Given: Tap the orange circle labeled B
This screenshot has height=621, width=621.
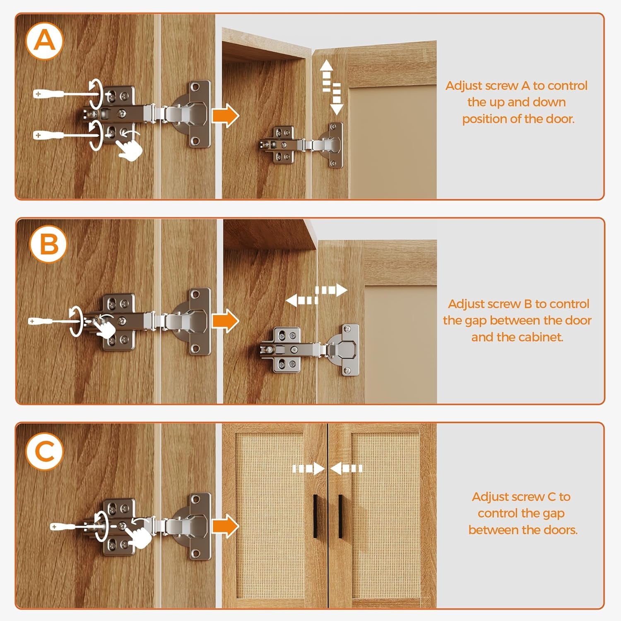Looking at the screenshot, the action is pyautogui.click(x=48, y=244).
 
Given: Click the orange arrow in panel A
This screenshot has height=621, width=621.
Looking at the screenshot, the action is pyautogui.click(x=226, y=116).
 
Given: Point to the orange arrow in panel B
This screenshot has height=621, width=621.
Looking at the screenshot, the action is pyautogui.click(x=226, y=321).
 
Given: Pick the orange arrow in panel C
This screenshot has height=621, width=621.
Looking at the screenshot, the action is pyautogui.click(x=226, y=526).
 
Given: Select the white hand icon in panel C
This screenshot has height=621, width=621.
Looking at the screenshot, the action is pyautogui.click(x=138, y=534).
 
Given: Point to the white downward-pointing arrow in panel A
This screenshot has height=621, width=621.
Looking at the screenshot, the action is pyautogui.click(x=337, y=99).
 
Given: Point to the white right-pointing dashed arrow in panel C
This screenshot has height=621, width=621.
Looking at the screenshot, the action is pyautogui.click(x=308, y=469).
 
